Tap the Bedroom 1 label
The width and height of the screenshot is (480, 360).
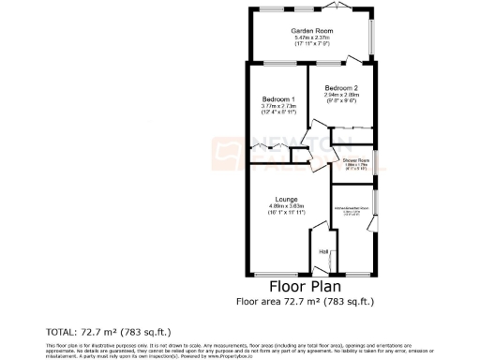tap(279, 99)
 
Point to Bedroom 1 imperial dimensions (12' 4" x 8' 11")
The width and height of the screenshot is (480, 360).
tap(279, 113)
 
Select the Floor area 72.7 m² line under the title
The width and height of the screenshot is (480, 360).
tap(305, 301)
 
